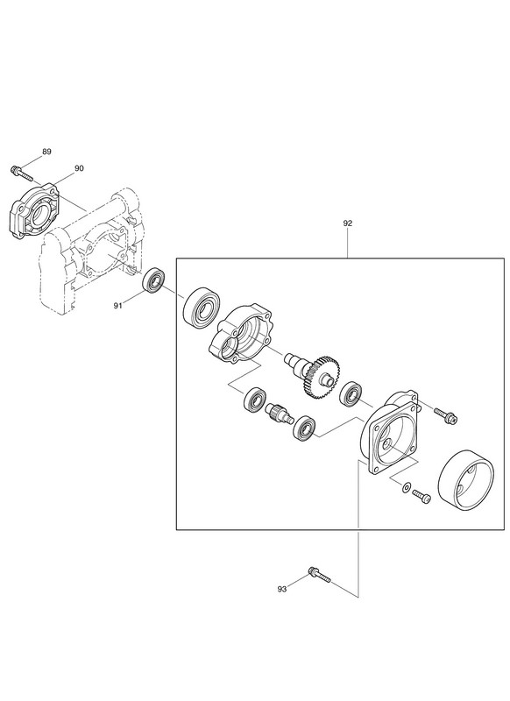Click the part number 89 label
tap(47, 152)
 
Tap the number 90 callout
tap(79, 168)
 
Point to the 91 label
tap(117, 306)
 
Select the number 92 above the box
tap(348, 223)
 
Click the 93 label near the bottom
tap(281, 589)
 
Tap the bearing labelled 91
tap(152, 280)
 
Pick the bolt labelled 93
tap(319, 575)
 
